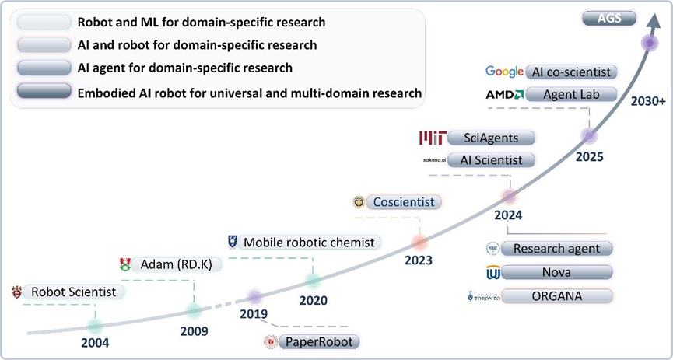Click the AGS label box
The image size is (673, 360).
pos(610,18)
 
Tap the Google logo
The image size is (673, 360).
pos(504,72)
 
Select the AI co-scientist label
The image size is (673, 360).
pos(572,72)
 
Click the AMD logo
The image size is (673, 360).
pos(504,94)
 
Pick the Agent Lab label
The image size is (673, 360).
pos(572,94)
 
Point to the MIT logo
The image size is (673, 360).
pos(433,138)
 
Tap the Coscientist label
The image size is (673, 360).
pos(404,202)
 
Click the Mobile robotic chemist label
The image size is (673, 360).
pos(309,242)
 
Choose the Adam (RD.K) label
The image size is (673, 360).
pos(177,264)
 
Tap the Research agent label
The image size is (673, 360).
pos(556,249)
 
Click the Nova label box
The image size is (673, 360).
pos(556,273)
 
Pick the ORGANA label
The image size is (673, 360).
pos(556,296)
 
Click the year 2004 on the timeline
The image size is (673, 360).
pos(95,342)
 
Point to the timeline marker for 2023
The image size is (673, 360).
pos(419,242)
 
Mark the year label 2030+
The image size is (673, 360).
pos(647,101)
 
